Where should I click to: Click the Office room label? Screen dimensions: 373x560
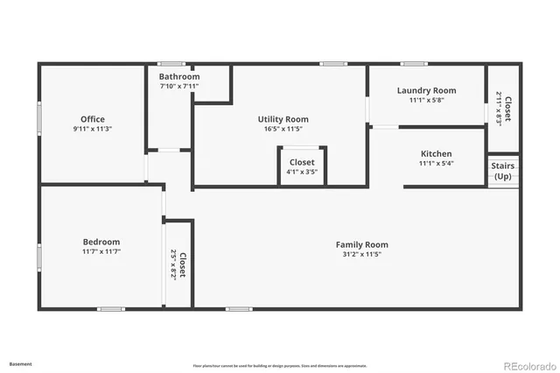pyautogui.click(x=93, y=119)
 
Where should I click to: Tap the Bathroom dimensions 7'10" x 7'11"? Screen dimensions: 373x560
pyautogui.click(x=179, y=86)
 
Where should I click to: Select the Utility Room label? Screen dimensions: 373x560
pyautogui.click(x=283, y=119)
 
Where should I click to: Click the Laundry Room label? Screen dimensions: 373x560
pyautogui.click(x=426, y=90)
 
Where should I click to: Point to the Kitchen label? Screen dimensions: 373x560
pyautogui.click(x=436, y=153)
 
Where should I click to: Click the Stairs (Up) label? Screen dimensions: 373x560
pyautogui.click(x=502, y=170)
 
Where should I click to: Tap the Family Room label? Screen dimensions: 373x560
pyautogui.click(x=361, y=244)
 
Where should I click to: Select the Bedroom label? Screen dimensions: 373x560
pyautogui.click(x=101, y=242)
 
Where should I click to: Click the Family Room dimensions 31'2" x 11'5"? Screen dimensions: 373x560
pyautogui.click(x=361, y=254)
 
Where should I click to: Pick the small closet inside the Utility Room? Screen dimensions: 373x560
pyautogui.click(x=302, y=166)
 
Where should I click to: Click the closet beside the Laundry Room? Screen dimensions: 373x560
pyautogui.click(x=503, y=109)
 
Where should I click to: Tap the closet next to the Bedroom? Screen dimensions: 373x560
pyautogui.click(x=178, y=264)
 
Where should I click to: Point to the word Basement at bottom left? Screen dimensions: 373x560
pyautogui.click(x=20, y=363)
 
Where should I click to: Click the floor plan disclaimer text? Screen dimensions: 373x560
pyautogui.click(x=280, y=365)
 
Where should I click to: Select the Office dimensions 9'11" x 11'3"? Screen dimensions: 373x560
pyautogui.click(x=93, y=129)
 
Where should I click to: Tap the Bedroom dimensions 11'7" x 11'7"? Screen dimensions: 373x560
pyautogui.click(x=101, y=251)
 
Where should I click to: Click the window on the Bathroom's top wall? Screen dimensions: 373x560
pyautogui.click(x=171, y=63)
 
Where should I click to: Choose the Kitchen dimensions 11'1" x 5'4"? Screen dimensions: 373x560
pyautogui.click(x=436, y=163)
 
